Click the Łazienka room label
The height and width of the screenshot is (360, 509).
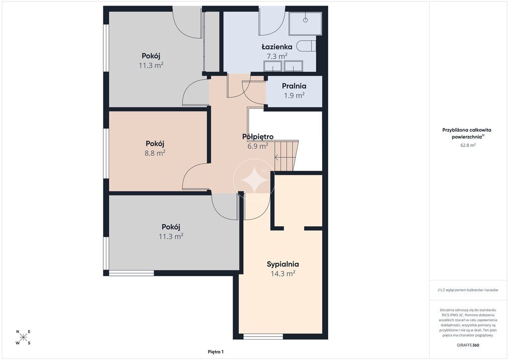277,47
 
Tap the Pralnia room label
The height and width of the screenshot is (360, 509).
294,86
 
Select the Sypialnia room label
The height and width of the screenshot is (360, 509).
283,264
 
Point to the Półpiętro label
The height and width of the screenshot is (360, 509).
258,137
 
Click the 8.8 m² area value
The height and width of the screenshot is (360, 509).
155,153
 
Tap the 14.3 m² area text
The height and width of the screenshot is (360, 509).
283,273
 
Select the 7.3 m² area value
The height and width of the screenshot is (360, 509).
277,56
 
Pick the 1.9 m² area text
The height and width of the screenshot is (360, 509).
294,95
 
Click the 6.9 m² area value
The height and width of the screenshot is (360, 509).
258,146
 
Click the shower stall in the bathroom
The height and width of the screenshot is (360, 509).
305,23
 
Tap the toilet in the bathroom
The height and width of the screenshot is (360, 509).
308,46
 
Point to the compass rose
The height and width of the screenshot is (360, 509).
23,337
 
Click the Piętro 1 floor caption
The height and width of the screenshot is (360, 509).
216,352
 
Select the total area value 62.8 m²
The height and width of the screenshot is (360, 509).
468,145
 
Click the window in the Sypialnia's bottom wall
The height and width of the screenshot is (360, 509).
263,336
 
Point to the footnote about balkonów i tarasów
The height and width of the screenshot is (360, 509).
468,290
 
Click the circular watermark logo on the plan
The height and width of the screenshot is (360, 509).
254,180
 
